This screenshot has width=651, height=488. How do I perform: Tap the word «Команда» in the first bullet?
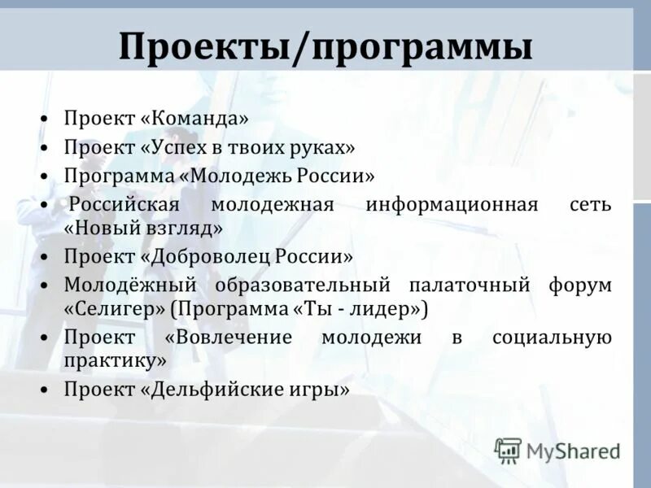click(194, 119)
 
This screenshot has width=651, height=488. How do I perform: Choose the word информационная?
click(452, 203)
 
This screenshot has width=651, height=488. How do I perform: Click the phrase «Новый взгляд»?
click(143, 229)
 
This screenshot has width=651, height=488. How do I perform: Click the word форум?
click(582, 285)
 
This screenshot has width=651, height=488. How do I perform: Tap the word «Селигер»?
click(115, 311)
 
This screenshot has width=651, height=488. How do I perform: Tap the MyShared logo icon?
click(508, 450)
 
